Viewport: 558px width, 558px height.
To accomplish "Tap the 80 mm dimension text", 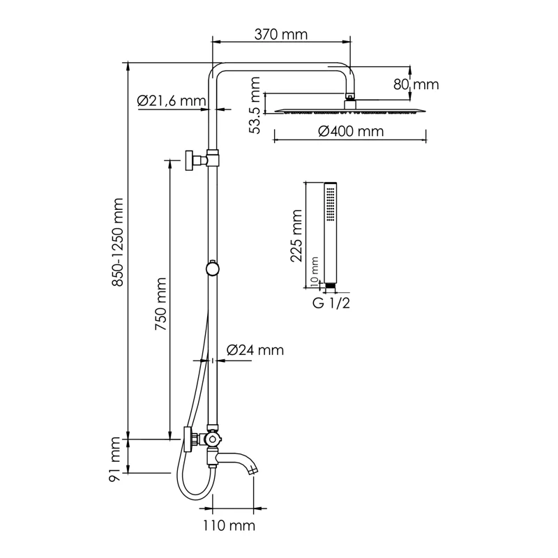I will [x=416, y=84].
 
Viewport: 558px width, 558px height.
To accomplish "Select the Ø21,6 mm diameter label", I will [x=172, y=101].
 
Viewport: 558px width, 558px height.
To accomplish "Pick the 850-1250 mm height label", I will [x=118, y=241].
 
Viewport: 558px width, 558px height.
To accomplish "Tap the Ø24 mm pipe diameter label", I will [x=256, y=351].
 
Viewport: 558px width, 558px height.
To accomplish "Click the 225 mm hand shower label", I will [x=297, y=234].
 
